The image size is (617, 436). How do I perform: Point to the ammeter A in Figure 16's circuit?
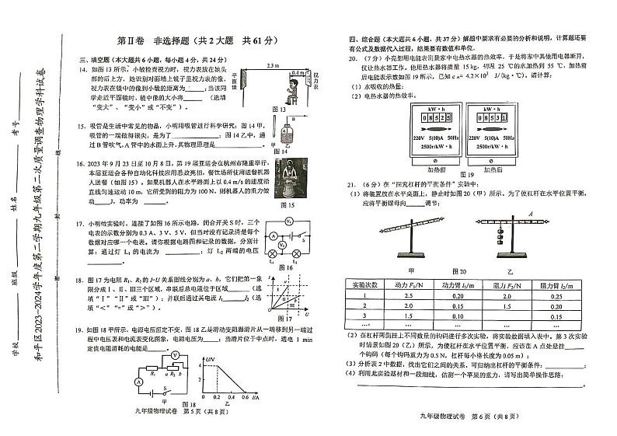tap(274, 236)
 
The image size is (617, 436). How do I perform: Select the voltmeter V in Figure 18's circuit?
tap(176, 354)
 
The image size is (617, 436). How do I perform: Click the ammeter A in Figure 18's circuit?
tap(139, 382)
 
